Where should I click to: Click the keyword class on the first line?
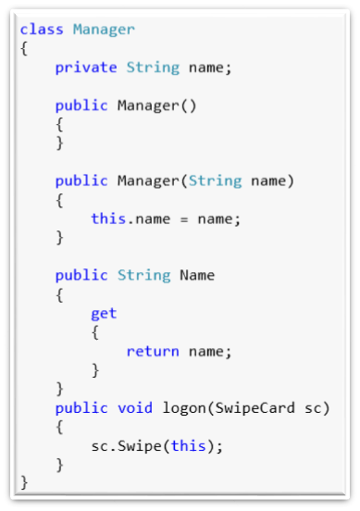click(42, 30)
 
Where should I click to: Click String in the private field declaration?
click(153, 67)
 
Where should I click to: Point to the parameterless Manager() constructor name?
click(148, 105)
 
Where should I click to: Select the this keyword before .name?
click(107, 218)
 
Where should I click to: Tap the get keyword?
click(104, 313)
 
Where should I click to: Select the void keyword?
click(134, 408)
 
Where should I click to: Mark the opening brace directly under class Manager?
click(23, 48)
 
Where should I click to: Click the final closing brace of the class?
click(23, 483)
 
